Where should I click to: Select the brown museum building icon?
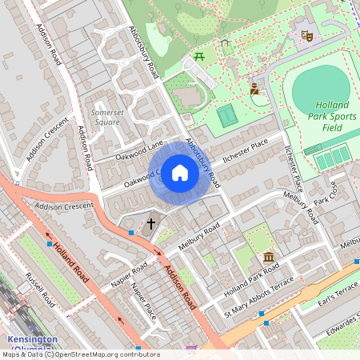point(269,258)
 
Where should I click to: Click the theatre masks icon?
point(306,36)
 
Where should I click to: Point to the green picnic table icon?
point(198,56)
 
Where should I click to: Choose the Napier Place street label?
point(143,301)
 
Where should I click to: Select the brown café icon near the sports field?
point(254,89)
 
